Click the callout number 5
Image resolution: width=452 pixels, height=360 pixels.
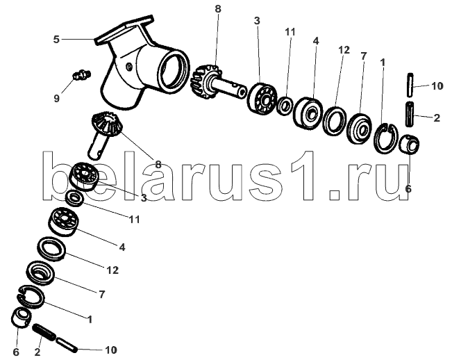click(x=56, y=40)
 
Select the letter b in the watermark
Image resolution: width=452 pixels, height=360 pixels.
click(x=60, y=174)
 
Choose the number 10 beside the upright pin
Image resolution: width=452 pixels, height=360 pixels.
click(x=436, y=86)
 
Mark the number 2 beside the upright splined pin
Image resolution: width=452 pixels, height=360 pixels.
click(x=436, y=118)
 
